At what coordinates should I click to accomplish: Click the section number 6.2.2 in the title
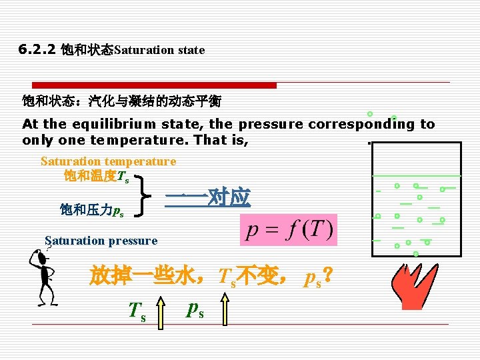point(38,49)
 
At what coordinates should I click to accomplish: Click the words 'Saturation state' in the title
point(159,50)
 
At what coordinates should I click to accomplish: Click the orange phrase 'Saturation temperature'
point(108,161)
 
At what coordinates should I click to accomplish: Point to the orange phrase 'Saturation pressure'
point(101,241)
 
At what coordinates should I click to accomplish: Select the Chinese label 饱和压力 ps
point(91,211)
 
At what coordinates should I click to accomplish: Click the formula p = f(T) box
point(289,231)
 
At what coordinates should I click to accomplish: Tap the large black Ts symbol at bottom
point(137,311)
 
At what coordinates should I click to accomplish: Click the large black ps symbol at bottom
point(195,309)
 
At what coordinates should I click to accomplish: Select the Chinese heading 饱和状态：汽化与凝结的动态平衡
point(121,102)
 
